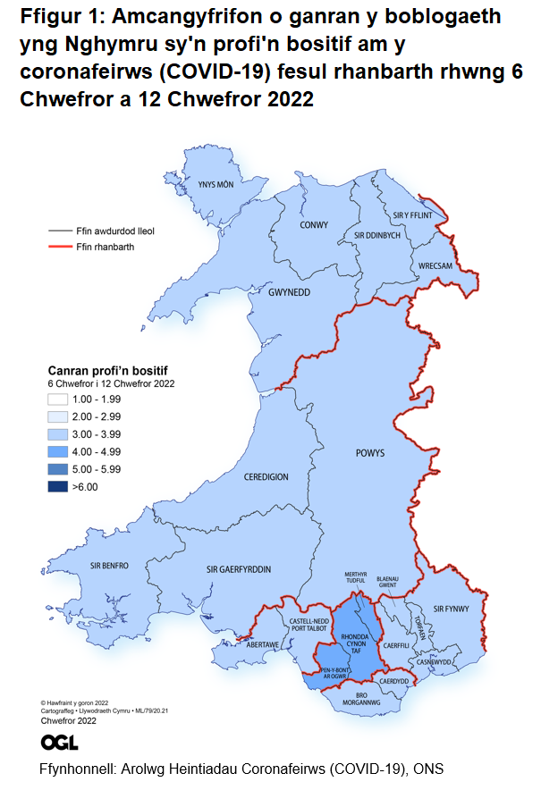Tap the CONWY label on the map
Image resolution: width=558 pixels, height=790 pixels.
tap(315, 225)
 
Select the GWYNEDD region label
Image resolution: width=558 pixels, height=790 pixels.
tap(289, 292)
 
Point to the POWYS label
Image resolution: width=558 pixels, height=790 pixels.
tap(368, 453)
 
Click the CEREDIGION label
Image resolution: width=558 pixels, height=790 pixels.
tap(266, 476)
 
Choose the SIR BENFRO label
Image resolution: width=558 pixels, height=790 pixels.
tap(110, 566)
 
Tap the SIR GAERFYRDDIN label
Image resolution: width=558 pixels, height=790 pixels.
tap(239, 569)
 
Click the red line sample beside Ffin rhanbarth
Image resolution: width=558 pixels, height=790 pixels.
tap(61, 246)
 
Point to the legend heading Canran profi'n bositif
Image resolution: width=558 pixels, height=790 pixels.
tap(107, 369)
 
